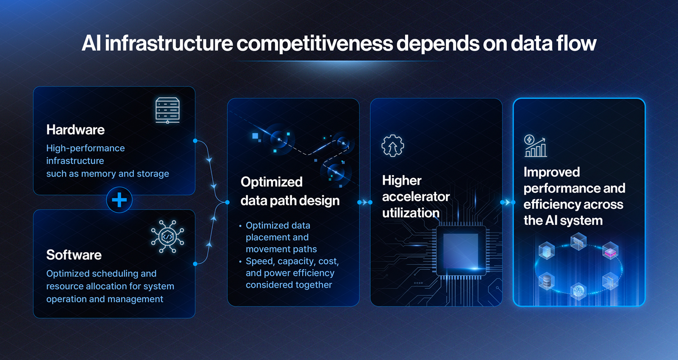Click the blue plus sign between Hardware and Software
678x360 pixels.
tap(119, 200)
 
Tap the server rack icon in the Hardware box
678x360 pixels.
tap(167, 111)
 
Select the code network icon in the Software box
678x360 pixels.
tap(167, 236)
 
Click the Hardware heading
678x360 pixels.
tap(75, 130)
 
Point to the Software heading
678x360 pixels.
tap(74, 255)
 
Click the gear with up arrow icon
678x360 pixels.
tap(392, 146)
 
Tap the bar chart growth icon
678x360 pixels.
tap(536, 146)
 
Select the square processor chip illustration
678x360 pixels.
tap(461, 250)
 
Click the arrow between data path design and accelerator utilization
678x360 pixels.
tap(365, 202)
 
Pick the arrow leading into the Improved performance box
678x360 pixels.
tap(508, 202)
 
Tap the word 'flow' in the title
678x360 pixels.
tap(576, 43)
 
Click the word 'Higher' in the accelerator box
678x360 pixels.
tap(402, 181)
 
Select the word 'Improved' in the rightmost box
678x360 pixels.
tap(551, 172)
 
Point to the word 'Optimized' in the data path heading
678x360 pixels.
tap(272, 182)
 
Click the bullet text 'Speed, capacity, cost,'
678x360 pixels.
tap(292, 261)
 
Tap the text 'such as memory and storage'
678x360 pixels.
tap(108, 174)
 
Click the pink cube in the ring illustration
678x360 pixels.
tap(610, 250)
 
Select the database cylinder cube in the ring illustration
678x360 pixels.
tap(547, 281)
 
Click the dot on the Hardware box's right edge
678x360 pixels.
tap(195, 141)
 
